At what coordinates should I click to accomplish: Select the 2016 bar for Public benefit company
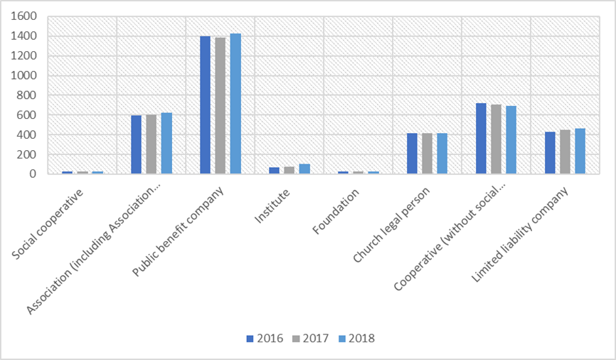206,105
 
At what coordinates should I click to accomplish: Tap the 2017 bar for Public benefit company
221,105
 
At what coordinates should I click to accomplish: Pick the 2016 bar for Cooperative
482,139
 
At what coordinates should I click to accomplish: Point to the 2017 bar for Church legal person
428,154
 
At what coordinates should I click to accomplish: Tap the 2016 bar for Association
137,144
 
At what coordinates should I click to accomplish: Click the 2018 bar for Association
166,143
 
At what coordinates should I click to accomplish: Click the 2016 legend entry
265,339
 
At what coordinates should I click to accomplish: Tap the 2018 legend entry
354,339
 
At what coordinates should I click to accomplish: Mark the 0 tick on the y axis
41,174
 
